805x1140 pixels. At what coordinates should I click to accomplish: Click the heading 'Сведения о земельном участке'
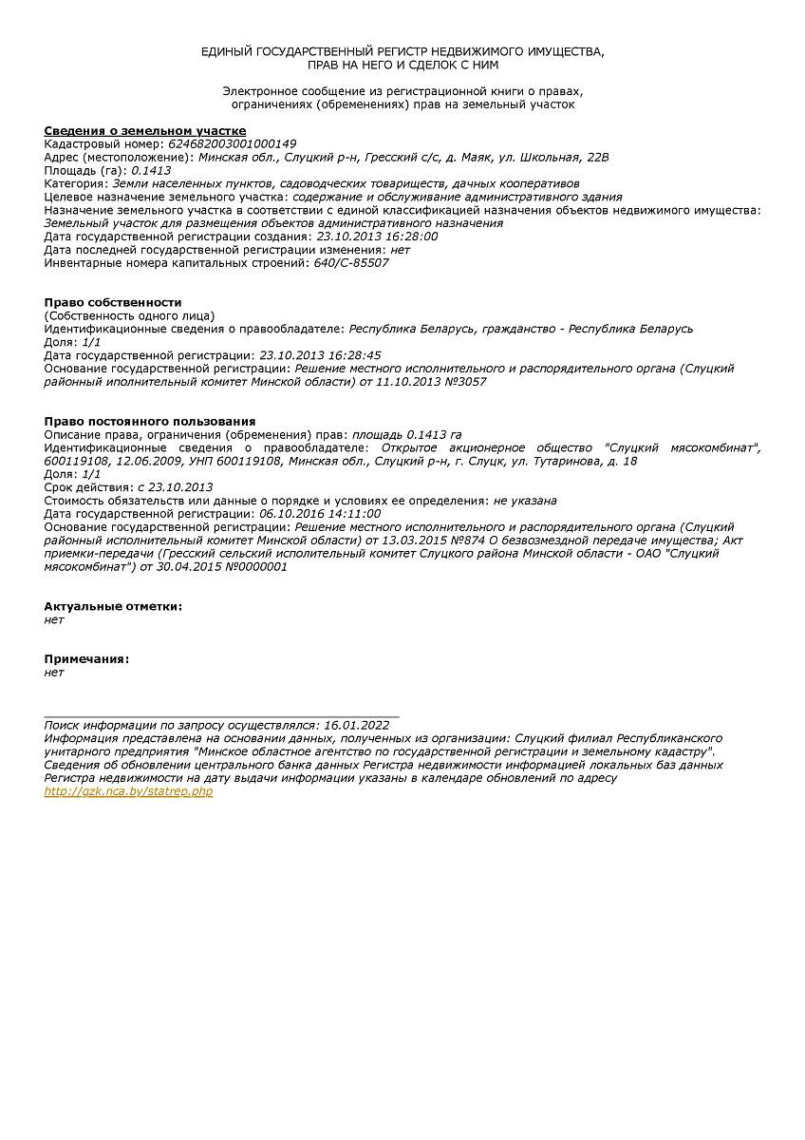(145, 130)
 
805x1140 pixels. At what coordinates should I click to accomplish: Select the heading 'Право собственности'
(113, 302)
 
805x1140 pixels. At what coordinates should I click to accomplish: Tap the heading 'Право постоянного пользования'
(150, 421)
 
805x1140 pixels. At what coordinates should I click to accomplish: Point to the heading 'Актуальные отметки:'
(113, 606)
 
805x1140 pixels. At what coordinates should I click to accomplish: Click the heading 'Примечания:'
(86, 659)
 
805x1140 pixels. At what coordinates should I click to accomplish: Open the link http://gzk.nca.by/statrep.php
(128, 791)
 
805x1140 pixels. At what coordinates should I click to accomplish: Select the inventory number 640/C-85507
(351, 263)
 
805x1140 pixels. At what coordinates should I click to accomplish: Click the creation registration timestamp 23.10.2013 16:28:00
(377, 237)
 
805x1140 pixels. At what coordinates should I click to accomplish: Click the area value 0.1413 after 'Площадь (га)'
(151, 170)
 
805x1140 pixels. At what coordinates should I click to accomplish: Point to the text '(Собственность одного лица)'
(129, 315)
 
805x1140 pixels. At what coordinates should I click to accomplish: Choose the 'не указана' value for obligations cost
(525, 501)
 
